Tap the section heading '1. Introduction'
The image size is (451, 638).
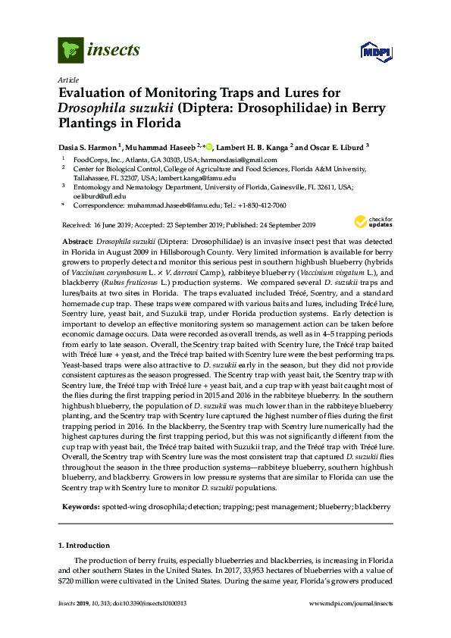[x=83, y=545]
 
